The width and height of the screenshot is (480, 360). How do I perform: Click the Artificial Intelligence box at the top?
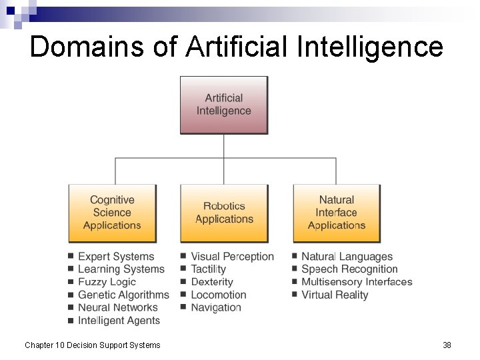click(x=224, y=105)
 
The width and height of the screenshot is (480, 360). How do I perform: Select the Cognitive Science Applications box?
click(x=112, y=213)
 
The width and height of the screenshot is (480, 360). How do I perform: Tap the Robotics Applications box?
click(x=224, y=213)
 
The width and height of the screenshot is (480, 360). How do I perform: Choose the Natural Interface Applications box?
click(x=337, y=213)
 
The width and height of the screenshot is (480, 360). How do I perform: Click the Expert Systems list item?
click(x=116, y=257)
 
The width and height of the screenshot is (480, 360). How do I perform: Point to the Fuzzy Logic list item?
click(x=107, y=282)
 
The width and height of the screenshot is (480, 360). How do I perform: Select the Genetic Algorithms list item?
click(x=123, y=295)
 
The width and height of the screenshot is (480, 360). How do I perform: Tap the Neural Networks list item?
click(x=118, y=307)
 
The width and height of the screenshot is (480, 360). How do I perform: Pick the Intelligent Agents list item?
click(x=119, y=321)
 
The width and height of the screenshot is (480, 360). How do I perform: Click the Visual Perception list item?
click(x=232, y=257)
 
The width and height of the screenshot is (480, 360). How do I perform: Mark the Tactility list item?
click(x=209, y=269)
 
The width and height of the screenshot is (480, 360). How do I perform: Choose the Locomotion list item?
click(x=219, y=295)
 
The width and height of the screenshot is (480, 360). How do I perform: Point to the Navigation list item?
click(x=216, y=307)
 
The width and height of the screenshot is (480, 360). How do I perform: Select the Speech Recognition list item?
click(x=349, y=269)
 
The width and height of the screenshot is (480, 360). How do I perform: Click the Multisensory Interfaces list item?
click(x=357, y=282)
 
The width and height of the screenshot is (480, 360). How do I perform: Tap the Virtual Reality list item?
click(x=335, y=295)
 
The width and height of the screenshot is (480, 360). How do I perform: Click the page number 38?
click(x=447, y=345)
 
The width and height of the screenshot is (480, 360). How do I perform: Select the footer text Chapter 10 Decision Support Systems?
click(x=93, y=345)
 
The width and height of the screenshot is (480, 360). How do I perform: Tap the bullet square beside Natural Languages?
click(x=295, y=256)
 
